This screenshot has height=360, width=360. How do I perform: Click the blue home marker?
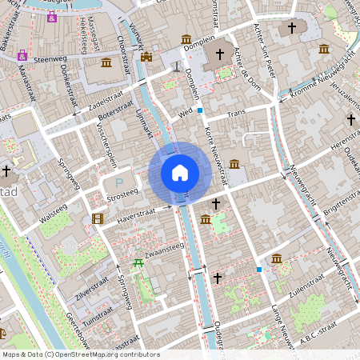click(180, 172)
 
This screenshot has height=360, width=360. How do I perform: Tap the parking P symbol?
click(119, 183)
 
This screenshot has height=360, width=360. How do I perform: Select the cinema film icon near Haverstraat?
click(98, 218)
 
